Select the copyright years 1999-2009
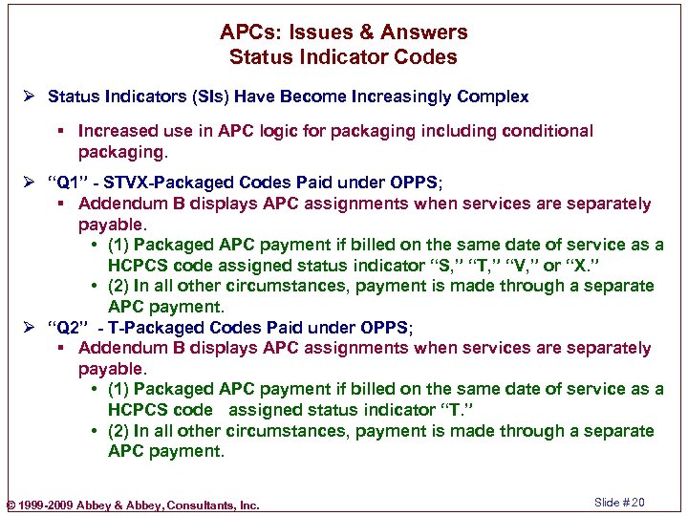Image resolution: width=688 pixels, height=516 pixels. (x=46, y=505)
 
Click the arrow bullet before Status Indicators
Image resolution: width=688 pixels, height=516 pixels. (x=32, y=97)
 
